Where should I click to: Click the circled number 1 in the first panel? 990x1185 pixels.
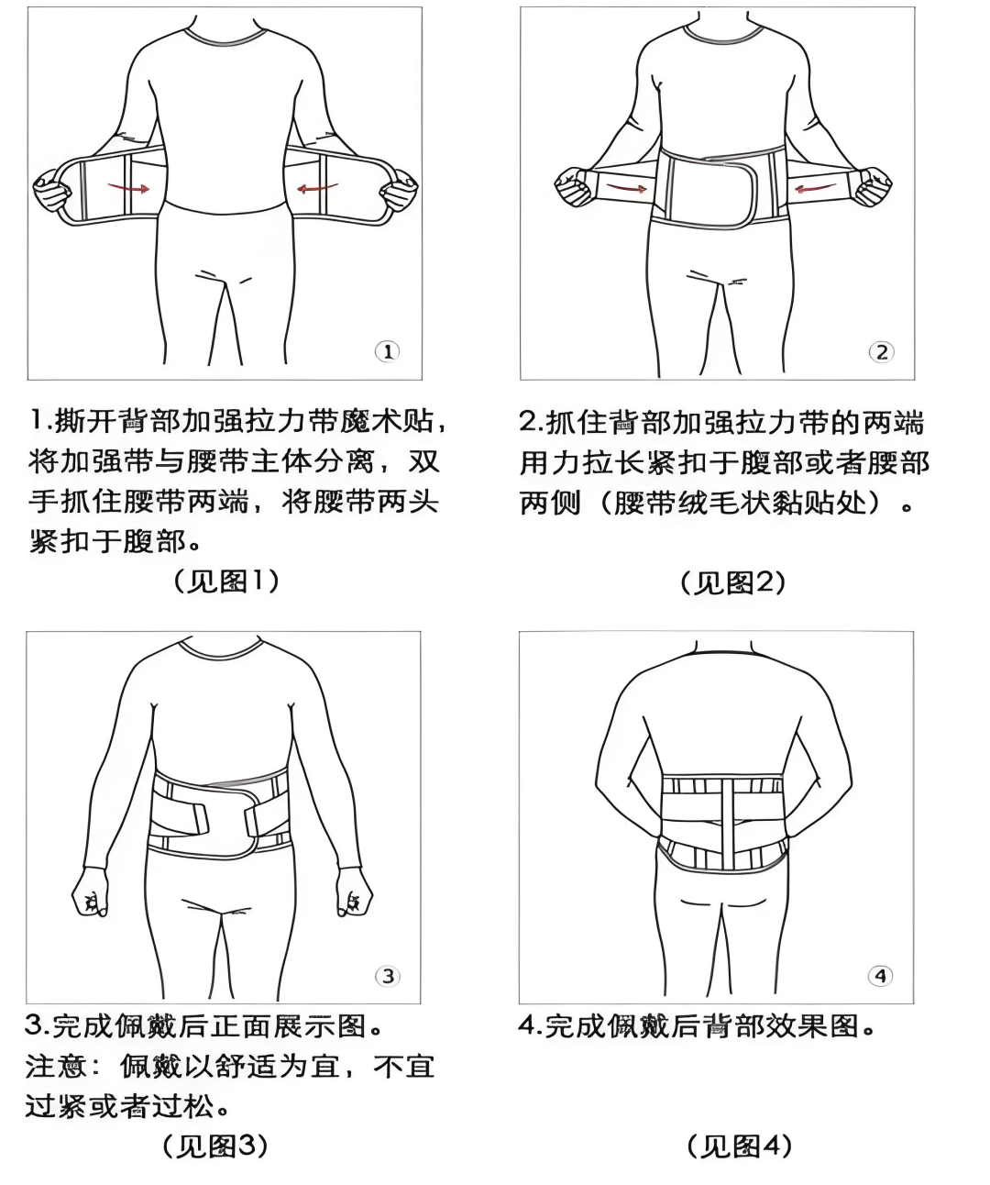coord(387,351)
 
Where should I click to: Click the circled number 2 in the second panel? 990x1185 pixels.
coord(881,351)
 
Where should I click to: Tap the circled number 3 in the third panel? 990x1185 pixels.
coord(387,975)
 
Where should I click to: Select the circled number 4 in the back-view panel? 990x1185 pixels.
coord(880,975)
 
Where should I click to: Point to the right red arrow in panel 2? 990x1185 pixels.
coord(811,189)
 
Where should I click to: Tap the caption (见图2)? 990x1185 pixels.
coord(732,582)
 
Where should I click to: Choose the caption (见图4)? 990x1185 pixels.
coord(738,1146)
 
